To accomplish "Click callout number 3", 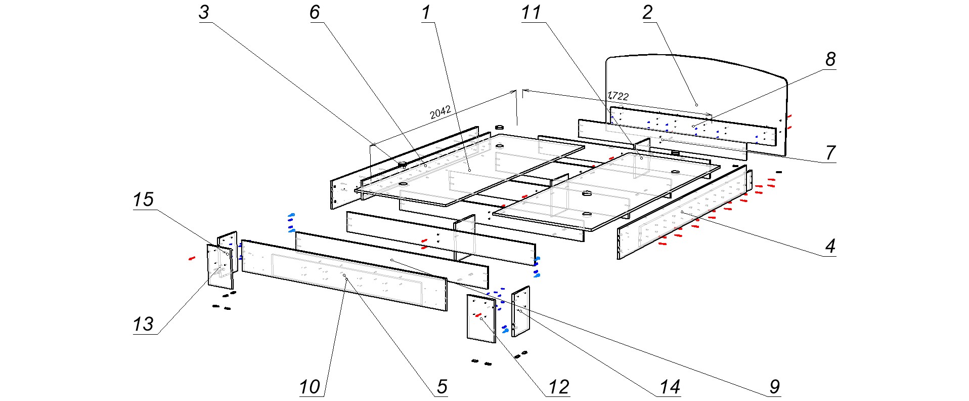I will (204, 13).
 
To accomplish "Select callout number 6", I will (315, 13).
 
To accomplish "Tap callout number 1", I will (426, 13).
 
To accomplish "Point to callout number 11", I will (531, 13).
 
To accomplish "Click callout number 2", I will (647, 13).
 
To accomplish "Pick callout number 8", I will (830, 59).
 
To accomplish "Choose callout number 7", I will (830, 152).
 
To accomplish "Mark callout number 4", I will (830, 247).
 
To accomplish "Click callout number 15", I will (143, 199).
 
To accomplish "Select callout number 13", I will (143, 324).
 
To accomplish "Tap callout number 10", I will (310, 387).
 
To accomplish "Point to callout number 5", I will (442, 387).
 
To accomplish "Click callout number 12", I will (559, 387).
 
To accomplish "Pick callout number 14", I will (670, 387).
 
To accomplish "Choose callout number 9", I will (775, 387).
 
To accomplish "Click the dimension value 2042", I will (440, 112).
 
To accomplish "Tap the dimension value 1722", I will (618, 96).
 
